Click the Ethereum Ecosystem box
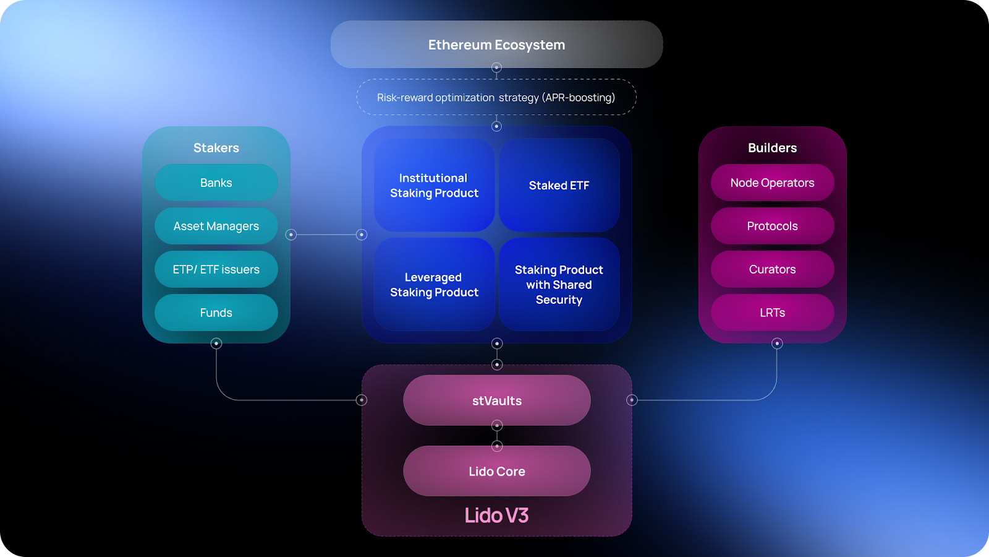pyautogui.click(x=496, y=45)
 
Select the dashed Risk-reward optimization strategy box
pyautogui.click(x=496, y=97)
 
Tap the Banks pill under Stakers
pyautogui.click(x=216, y=183)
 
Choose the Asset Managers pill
pyautogui.click(x=216, y=226)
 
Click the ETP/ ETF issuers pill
pyautogui.click(x=216, y=269)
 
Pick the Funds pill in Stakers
pyautogui.click(x=216, y=313)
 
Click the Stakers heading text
pyautogui.click(x=216, y=148)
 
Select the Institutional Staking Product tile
pyautogui.click(x=434, y=185)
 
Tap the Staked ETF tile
pyautogui.click(x=559, y=185)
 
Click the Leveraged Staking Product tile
pyautogui.click(x=434, y=285)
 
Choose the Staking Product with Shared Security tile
pyautogui.click(x=559, y=285)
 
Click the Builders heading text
pyautogui.click(x=772, y=148)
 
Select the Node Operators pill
pyautogui.click(x=772, y=183)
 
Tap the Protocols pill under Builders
pyautogui.click(x=772, y=226)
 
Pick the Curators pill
pyautogui.click(x=772, y=269)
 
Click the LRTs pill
pyautogui.click(x=772, y=313)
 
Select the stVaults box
pyautogui.click(x=496, y=400)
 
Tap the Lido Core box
pyautogui.click(x=496, y=471)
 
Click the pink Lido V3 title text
pyautogui.click(x=496, y=515)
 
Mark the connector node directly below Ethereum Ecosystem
pyautogui.click(x=496, y=67)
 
